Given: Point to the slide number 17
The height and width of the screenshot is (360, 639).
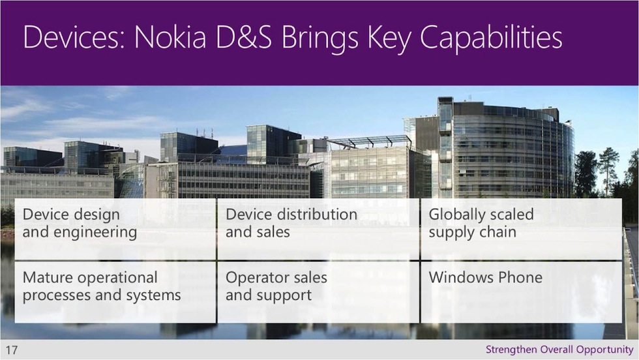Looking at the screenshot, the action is [12, 350].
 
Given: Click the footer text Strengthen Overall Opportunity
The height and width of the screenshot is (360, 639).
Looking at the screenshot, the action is [559, 350].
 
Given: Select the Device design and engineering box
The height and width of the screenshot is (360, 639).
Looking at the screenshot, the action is [115, 229].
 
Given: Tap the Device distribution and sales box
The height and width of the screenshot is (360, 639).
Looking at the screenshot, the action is [318, 229].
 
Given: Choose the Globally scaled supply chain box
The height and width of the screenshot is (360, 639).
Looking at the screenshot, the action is [521, 229].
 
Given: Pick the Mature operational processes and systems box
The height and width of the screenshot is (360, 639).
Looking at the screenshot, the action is [115, 292].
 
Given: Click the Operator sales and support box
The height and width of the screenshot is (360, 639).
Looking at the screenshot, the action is [318, 292].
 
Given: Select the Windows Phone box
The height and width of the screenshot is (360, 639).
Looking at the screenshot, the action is [521, 292].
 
